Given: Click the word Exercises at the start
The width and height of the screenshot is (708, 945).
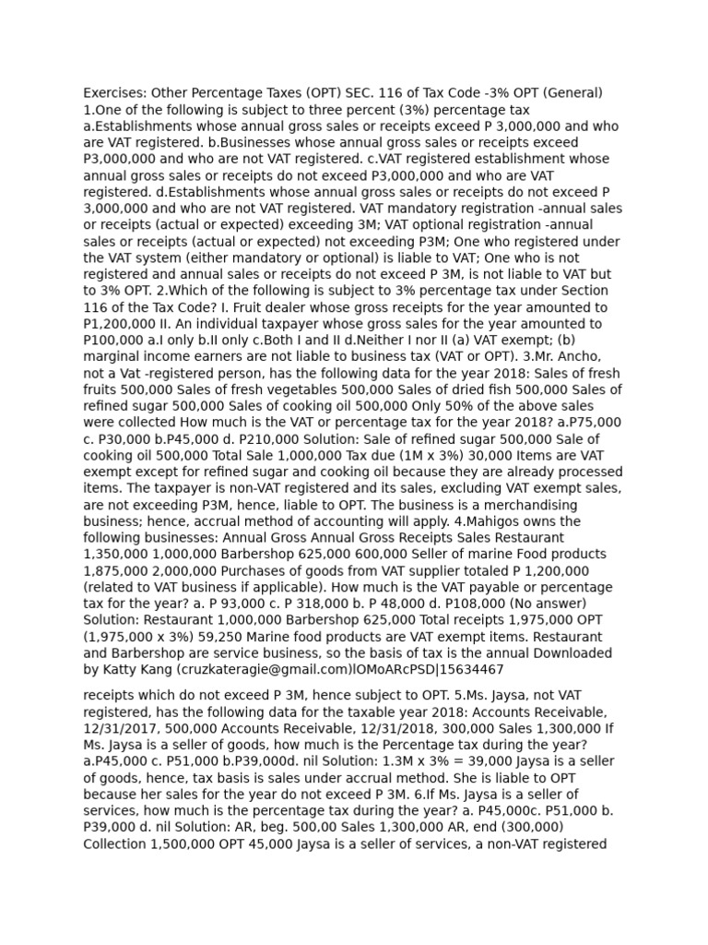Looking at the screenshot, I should (x=114, y=92).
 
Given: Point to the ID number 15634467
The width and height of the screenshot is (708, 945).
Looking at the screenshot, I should (x=471, y=669).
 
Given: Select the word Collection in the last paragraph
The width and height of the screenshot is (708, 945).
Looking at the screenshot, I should (x=114, y=843).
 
